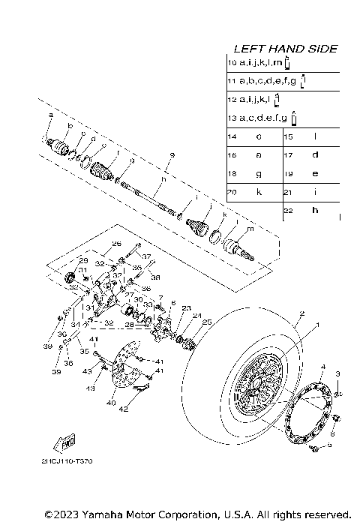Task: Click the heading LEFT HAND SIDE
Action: tap(285, 49)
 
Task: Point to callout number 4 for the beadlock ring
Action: tap(322, 367)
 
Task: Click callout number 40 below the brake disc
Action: tap(111, 403)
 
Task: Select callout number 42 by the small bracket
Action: tap(123, 410)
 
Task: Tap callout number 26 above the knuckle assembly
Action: tap(116, 244)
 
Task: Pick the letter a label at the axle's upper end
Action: tap(50, 114)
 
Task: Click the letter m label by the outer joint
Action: tap(250, 228)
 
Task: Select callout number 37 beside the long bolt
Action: tap(146, 256)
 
